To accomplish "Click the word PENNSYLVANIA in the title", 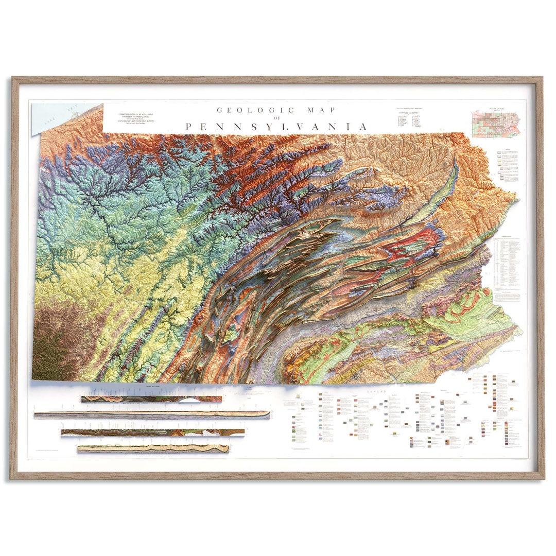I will coord(277,127).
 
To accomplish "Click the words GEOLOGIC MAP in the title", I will coord(276,110).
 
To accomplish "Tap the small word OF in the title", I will coord(277,118).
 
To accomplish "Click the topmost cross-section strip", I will coord(151,399).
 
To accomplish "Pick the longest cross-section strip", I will coord(152,415).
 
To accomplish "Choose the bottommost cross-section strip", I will coord(153,449).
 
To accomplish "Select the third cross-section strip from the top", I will coord(152,433).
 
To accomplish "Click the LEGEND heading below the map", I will coord(376,392).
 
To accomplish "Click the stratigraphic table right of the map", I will coord(507,263).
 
